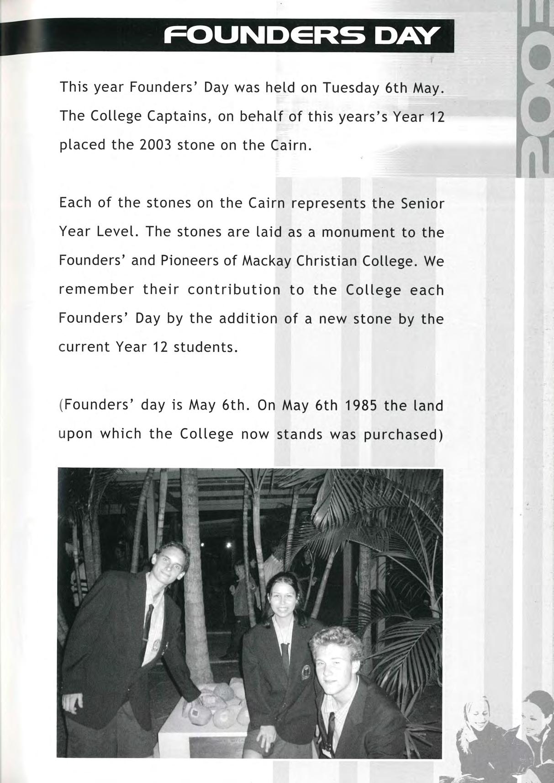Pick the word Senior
pos(422,203)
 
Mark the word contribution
pos(234,290)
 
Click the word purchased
pos(402,434)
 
